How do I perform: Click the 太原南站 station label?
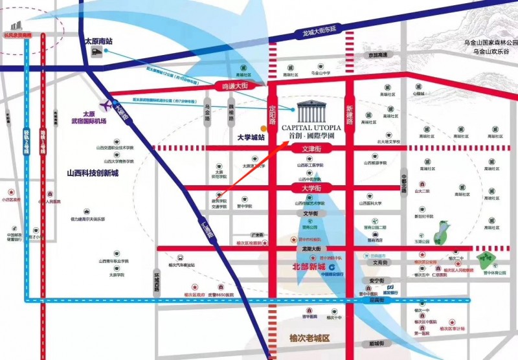tap(99, 41)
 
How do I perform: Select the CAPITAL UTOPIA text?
tap(314, 128)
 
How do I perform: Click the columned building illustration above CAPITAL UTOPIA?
tap(313, 110)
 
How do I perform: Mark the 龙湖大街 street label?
tap(312, 249)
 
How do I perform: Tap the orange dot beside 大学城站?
tap(262, 128)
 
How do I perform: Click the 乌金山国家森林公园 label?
tap(486, 43)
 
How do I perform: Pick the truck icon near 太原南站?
tap(98, 54)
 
